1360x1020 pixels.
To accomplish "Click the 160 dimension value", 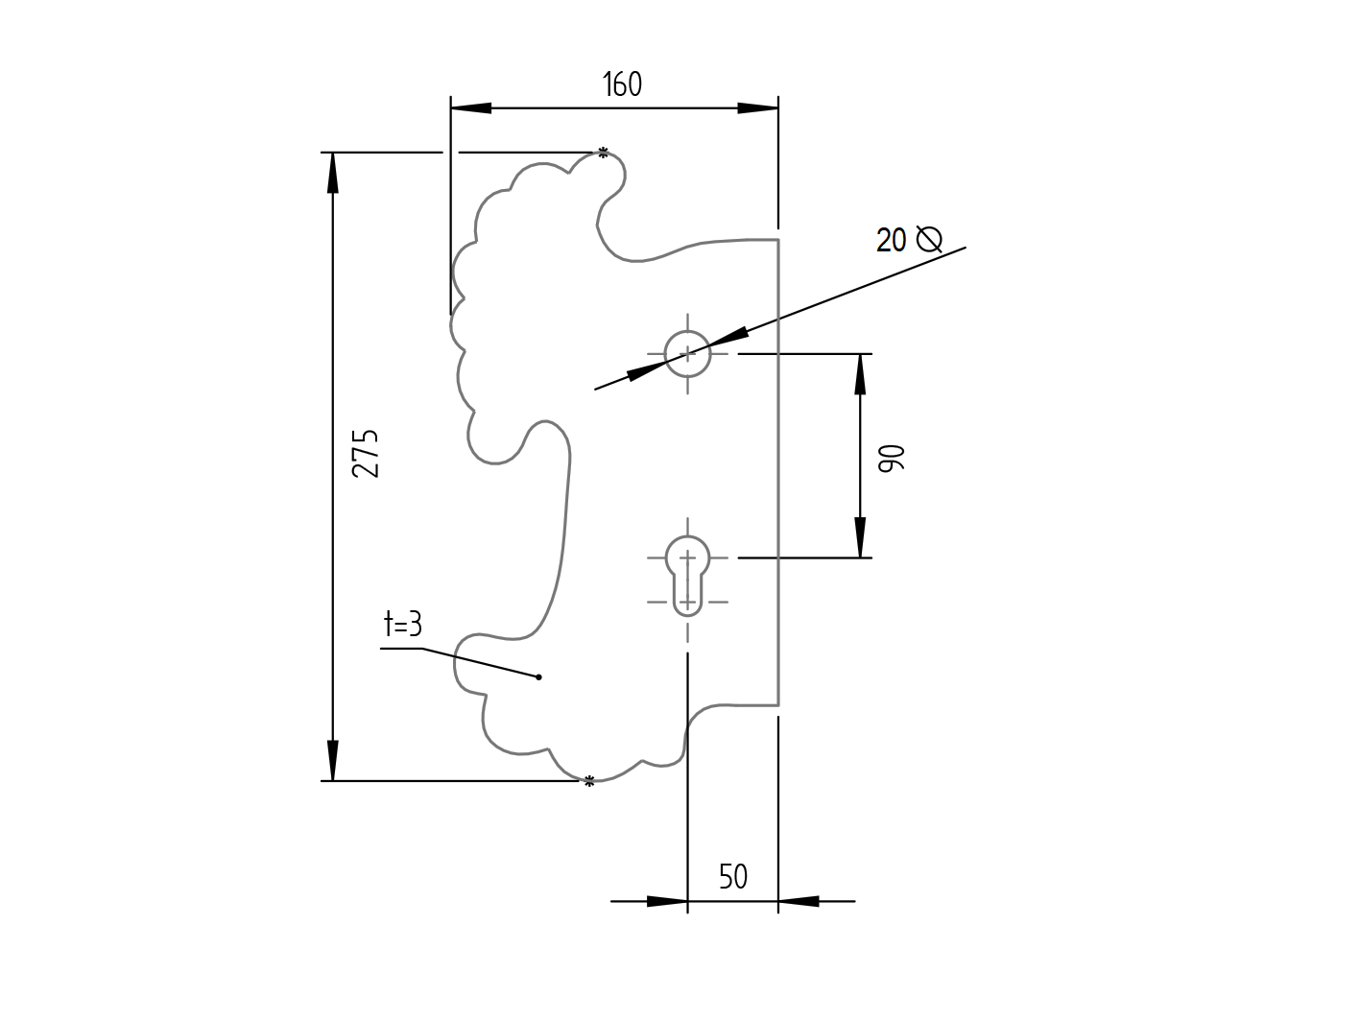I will pos(622,84).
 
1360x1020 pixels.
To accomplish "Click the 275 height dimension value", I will pos(366,453).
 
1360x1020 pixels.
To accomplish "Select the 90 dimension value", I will pos(892,458).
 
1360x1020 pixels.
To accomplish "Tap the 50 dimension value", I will pos(732,877).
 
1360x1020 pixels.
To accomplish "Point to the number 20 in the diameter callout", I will pos(891,240).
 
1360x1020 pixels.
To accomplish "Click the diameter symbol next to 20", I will pos(928,238).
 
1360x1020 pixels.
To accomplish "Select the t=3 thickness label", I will pos(402,625).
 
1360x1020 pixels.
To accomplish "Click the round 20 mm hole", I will pos(687,354).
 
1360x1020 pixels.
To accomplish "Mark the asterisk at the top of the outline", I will pos(603,152).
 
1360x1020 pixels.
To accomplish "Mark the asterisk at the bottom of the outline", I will pos(589,782).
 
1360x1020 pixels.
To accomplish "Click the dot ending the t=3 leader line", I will pos(538,677).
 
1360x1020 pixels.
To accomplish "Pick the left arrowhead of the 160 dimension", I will pos(470,108).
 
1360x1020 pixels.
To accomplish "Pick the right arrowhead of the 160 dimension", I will pos(758,108).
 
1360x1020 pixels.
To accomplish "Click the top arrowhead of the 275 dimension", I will pos(332,173).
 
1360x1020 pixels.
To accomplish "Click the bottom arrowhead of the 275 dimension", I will pos(332,761).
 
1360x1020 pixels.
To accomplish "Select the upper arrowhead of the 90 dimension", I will pos(860,374).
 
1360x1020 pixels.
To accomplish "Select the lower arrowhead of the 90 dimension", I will pos(860,537).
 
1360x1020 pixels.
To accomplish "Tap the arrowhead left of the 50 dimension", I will pos(667,901).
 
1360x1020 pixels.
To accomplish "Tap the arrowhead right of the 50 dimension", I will pos(799,901).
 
